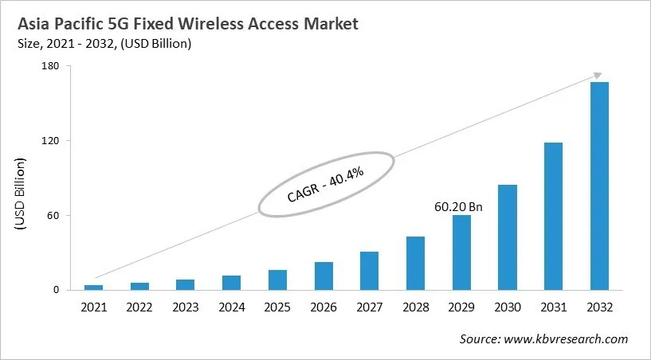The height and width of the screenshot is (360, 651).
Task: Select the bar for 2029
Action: pyautogui.click(x=461, y=252)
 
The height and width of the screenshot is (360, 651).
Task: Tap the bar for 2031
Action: pyautogui.click(x=553, y=216)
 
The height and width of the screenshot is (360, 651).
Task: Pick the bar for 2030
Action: pyautogui.click(x=508, y=237)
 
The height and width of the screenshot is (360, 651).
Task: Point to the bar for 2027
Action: pyautogui.click(x=369, y=271)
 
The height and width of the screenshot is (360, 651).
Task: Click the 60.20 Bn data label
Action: pyautogui.click(x=459, y=206)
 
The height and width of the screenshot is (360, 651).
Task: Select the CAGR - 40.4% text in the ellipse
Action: pyautogui.click(x=325, y=184)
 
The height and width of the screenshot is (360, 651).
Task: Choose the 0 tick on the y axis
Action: pyautogui.click(x=56, y=290)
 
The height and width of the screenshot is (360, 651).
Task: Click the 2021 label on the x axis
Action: pyautogui.click(x=93, y=306)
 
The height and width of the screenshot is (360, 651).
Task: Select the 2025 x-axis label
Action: pyautogui.click(x=277, y=306)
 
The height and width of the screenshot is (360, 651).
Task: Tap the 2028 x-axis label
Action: pyautogui.click(x=415, y=306)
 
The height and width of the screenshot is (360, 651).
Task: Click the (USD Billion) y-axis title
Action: pyautogui.click(x=20, y=195)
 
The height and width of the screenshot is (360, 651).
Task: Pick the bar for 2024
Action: pyautogui.click(x=231, y=283)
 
